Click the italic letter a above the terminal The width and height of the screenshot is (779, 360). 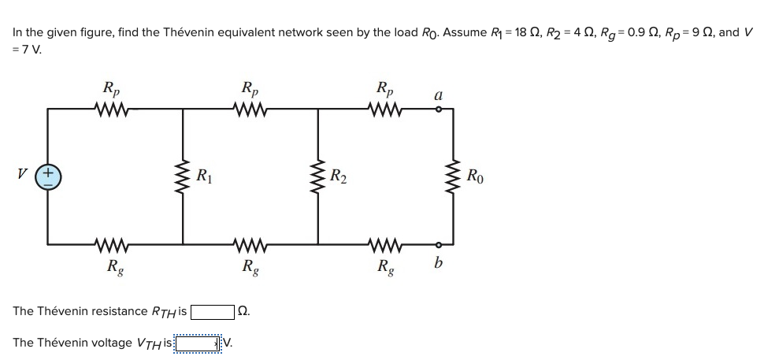[x=438, y=94]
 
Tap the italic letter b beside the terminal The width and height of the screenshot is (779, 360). [x=438, y=262]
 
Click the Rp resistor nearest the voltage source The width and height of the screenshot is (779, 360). [x=114, y=109]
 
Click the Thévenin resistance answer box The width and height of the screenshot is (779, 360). [x=212, y=311]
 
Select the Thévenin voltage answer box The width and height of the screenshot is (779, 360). [x=198, y=343]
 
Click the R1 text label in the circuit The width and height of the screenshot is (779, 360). [x=204, y=176]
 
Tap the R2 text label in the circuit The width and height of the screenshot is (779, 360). [x=339, y=176]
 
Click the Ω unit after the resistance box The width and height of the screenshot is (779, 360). [x=243, y=312]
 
